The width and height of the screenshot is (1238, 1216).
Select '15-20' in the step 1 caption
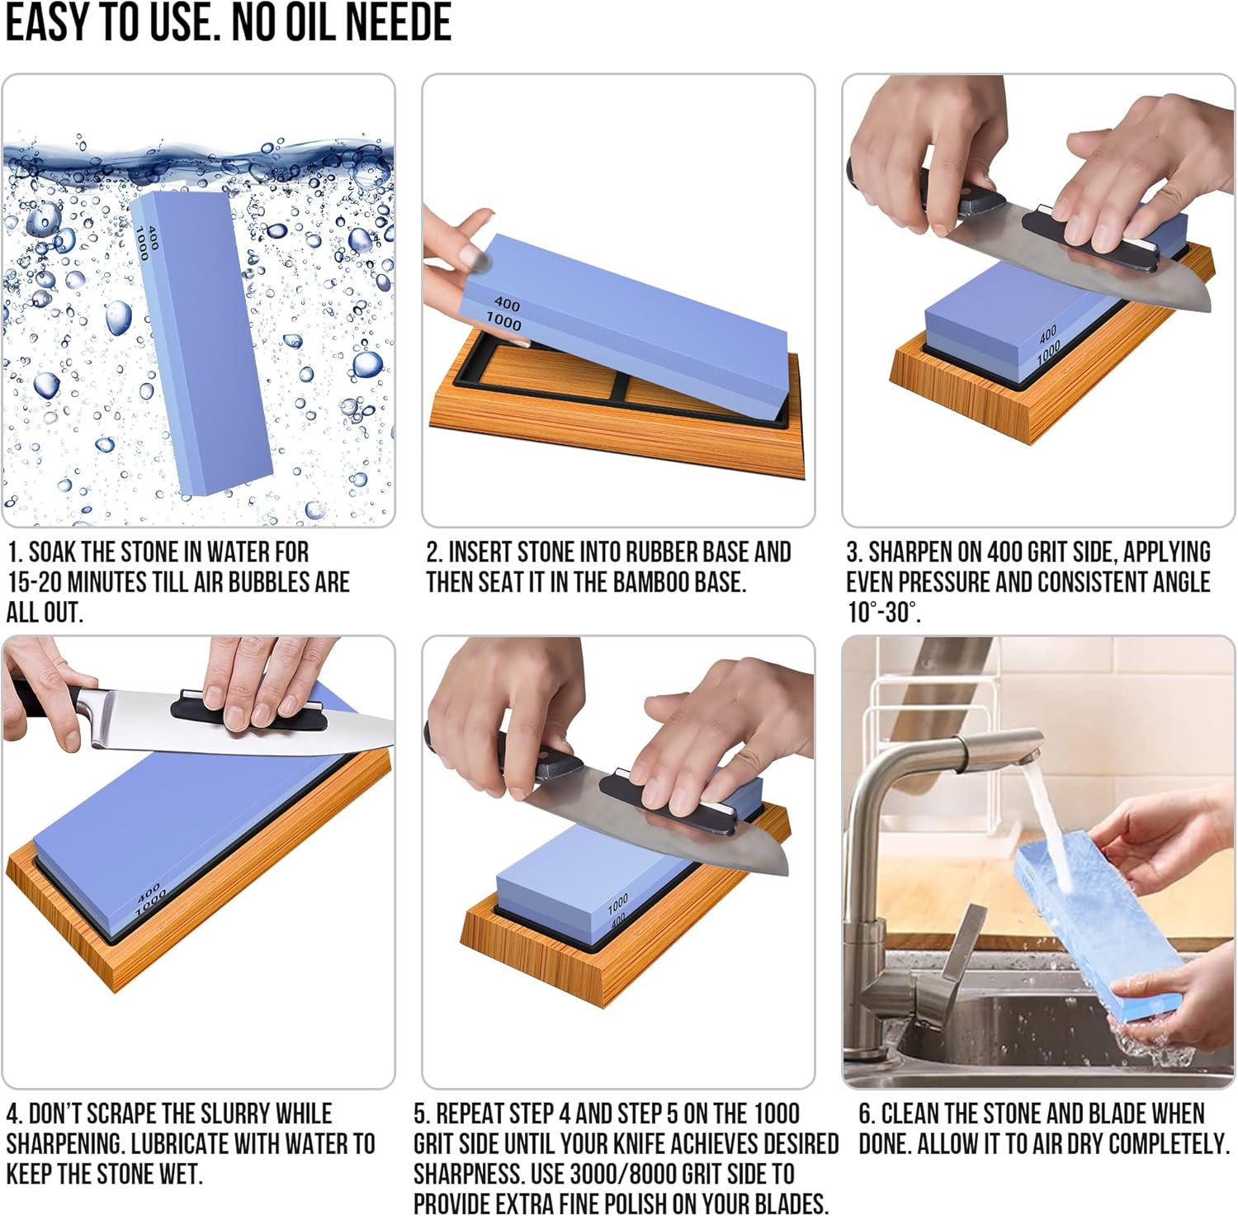tap(35, 582)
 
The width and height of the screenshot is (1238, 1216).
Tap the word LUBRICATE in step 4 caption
tap(180, 1144)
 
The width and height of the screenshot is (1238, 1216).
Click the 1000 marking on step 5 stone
tap(618, 905)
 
